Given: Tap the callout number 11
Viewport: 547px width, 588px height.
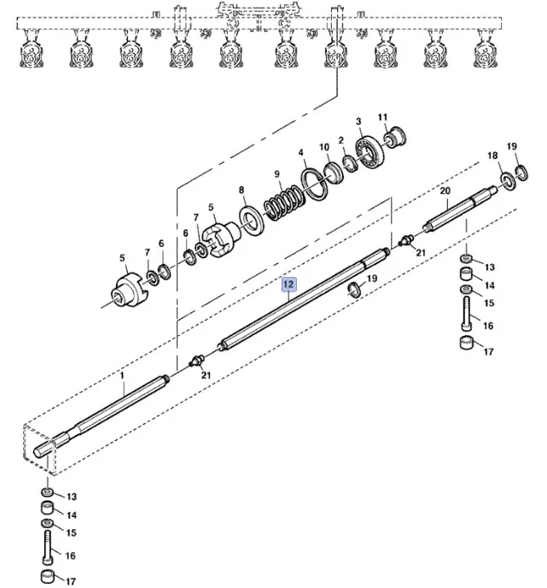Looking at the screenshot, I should coord(382,117).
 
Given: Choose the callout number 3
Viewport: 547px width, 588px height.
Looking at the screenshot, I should coord(358,121).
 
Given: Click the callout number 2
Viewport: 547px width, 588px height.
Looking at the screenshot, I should coord(340,139).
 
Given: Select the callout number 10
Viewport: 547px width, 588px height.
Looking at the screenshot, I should coord(324,147).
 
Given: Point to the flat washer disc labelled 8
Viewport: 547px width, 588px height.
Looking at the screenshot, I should coord(252,220).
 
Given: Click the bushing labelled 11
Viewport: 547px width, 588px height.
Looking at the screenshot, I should coord(395,137).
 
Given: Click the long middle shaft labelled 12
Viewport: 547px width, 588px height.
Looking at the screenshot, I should coord(299,300).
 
